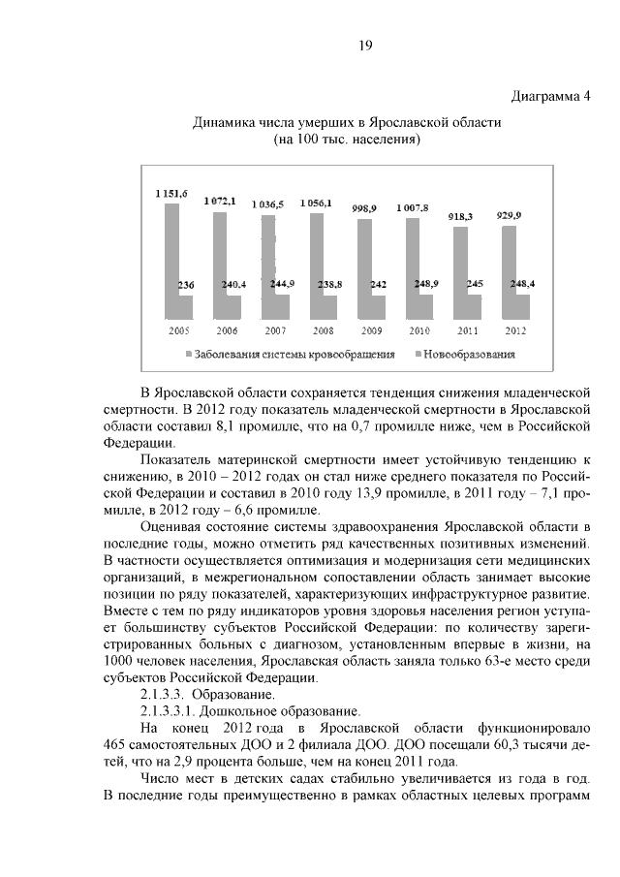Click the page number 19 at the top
[365, 46]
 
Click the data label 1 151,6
[172, 195]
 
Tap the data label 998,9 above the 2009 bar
[364, 208]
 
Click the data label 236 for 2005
[186, 285]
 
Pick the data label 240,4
[234, 285]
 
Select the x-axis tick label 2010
[418, 330]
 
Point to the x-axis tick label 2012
[515, 330]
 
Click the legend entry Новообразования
[468, 355]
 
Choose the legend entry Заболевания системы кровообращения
[294, 355]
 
